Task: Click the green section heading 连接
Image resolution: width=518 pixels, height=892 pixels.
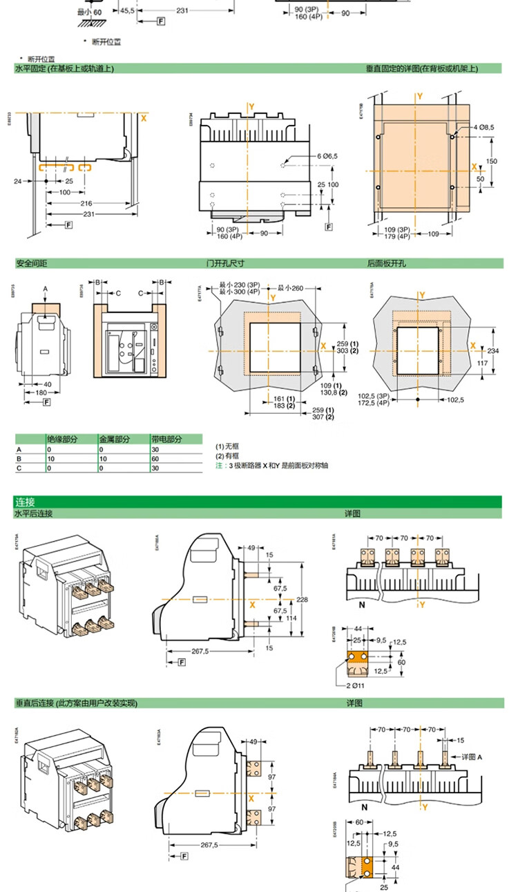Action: point(26,502)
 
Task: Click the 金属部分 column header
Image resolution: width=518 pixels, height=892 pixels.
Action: point(113,439)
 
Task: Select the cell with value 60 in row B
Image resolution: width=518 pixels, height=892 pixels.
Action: point(155,458)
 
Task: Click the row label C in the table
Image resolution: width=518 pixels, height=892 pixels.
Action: point(19,468)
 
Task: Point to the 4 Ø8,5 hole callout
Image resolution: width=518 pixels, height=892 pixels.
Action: point(486,128)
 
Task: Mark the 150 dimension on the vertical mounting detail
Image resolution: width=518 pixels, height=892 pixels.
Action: point(492,161)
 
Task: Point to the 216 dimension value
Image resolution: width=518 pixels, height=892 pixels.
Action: point(86,204)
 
